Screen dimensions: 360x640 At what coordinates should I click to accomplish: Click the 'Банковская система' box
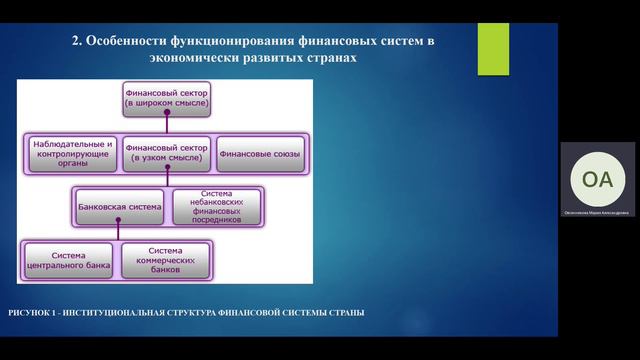pos(118,207)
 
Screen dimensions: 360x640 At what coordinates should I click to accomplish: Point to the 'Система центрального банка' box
pos(69,261)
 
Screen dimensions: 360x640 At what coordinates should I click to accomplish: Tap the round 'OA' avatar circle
pos(597,179)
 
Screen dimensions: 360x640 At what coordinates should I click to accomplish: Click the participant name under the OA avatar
pos(597,212)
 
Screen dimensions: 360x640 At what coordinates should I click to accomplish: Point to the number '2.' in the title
pos(77,41)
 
